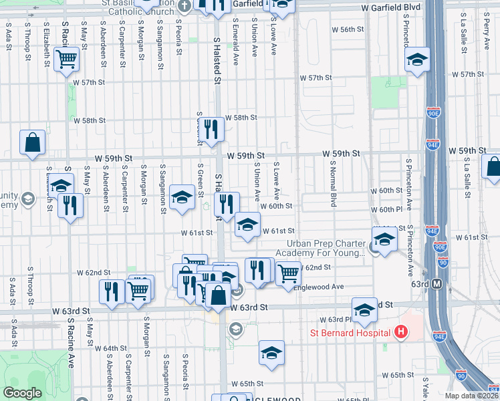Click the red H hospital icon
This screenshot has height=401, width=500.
pyautogui.click(x=401, y=332)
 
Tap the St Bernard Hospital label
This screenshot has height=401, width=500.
pyautogui.click(x=350, y=333)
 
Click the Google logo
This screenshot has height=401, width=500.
pyautogui.click(x=23, y=393)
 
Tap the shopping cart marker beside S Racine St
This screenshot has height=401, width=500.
pyautogui.click(x=67, y=60)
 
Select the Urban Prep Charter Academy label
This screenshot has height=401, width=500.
pyautogui.click(x=326, y=248)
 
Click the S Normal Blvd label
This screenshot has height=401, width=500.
pyautogui.click(x=332, y=184)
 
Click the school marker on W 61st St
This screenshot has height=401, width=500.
pyautogui.click(x=247, y=226)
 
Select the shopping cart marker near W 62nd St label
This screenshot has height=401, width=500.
pyautogui.click(x=287, y=272)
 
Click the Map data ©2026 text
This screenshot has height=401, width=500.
pyautogui.click(x=471, y=396)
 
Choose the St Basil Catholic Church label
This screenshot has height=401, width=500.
pyautogui.click(x=142, y=7)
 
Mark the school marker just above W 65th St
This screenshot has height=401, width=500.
pyautogui.click(x=271, y=354)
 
